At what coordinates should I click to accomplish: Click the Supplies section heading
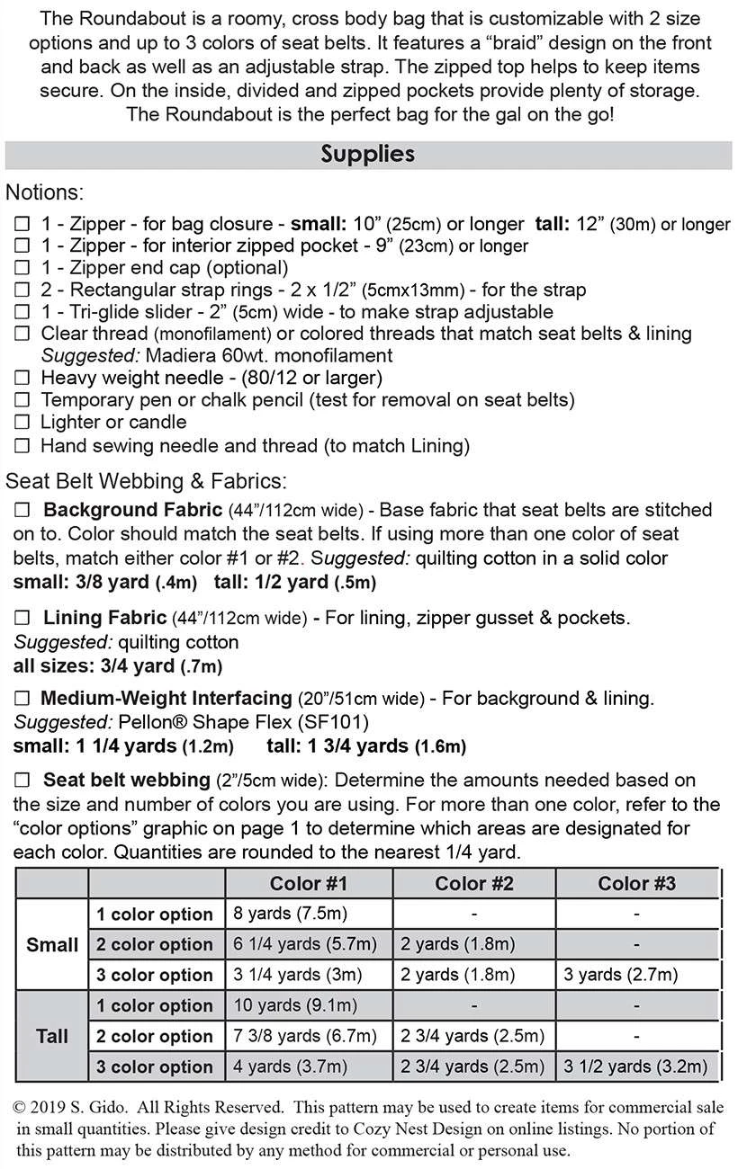tap(367, 154)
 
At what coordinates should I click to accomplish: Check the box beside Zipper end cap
tap(22, 268)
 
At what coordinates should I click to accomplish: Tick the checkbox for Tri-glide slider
tap(22, 312)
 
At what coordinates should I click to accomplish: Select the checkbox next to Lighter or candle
tap(22, 423)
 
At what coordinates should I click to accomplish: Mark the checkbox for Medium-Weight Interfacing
tap(22, 699)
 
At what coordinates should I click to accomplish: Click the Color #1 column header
tap(308, 883)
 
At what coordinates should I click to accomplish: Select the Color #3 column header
tap(636, 883)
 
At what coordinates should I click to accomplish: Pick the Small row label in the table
tap(52, 945)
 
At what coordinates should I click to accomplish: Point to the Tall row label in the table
tap(52, 1036)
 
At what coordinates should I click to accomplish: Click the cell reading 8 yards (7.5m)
tap(277, 915)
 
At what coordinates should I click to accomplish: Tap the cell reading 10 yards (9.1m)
tap(281, 1005)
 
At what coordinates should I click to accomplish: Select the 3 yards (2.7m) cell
tap(620, 975)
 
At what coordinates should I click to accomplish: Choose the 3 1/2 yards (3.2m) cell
tap(635, 1066)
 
